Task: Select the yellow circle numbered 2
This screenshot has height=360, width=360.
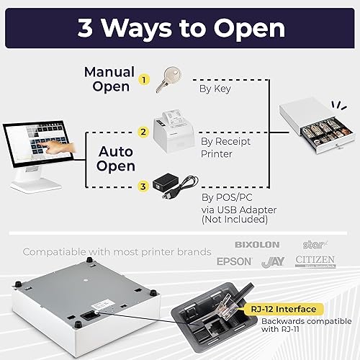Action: tap(143, 132)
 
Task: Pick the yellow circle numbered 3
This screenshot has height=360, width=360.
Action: tap(143, 186)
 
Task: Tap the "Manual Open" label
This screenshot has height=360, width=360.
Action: tap(109, 78)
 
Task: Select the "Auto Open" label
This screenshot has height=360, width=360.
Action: tap(116, 159)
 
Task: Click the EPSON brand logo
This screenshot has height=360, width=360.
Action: tap(235, 261)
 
